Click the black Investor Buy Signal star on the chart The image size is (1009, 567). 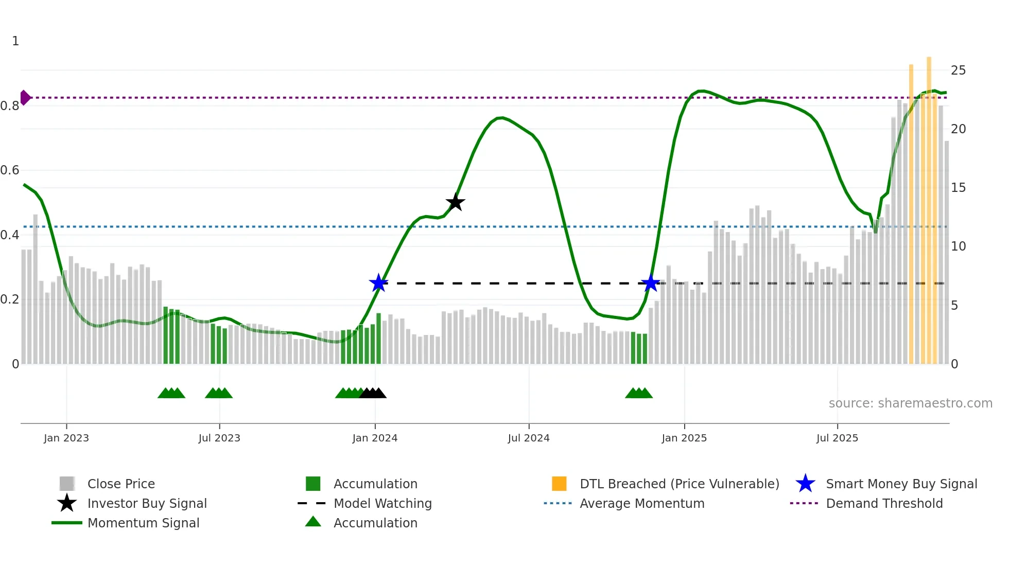click(455, 202)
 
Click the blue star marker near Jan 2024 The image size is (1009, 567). click(378, 283)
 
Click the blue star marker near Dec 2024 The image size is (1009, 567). click(650, 283)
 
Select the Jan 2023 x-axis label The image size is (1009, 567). click(66, 438)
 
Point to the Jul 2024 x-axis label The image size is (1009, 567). click(529, 438)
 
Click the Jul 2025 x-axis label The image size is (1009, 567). click(837, 438)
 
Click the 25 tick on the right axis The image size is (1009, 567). click(958, 70)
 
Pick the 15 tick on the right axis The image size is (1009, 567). click(958, 188)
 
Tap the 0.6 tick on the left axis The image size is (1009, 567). click(10, 170)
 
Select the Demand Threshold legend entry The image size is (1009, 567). click(884, 504)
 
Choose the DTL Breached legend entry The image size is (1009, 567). click(679, 484)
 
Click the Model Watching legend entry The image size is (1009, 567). click(382, 504)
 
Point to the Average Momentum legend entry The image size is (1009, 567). click(641, 504)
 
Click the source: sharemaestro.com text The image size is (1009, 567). click(910, 403)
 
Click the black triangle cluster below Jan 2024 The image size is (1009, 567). click(373, 393)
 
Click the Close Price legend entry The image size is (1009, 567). click(120, 484)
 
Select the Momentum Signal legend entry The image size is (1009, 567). click(143, 523)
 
